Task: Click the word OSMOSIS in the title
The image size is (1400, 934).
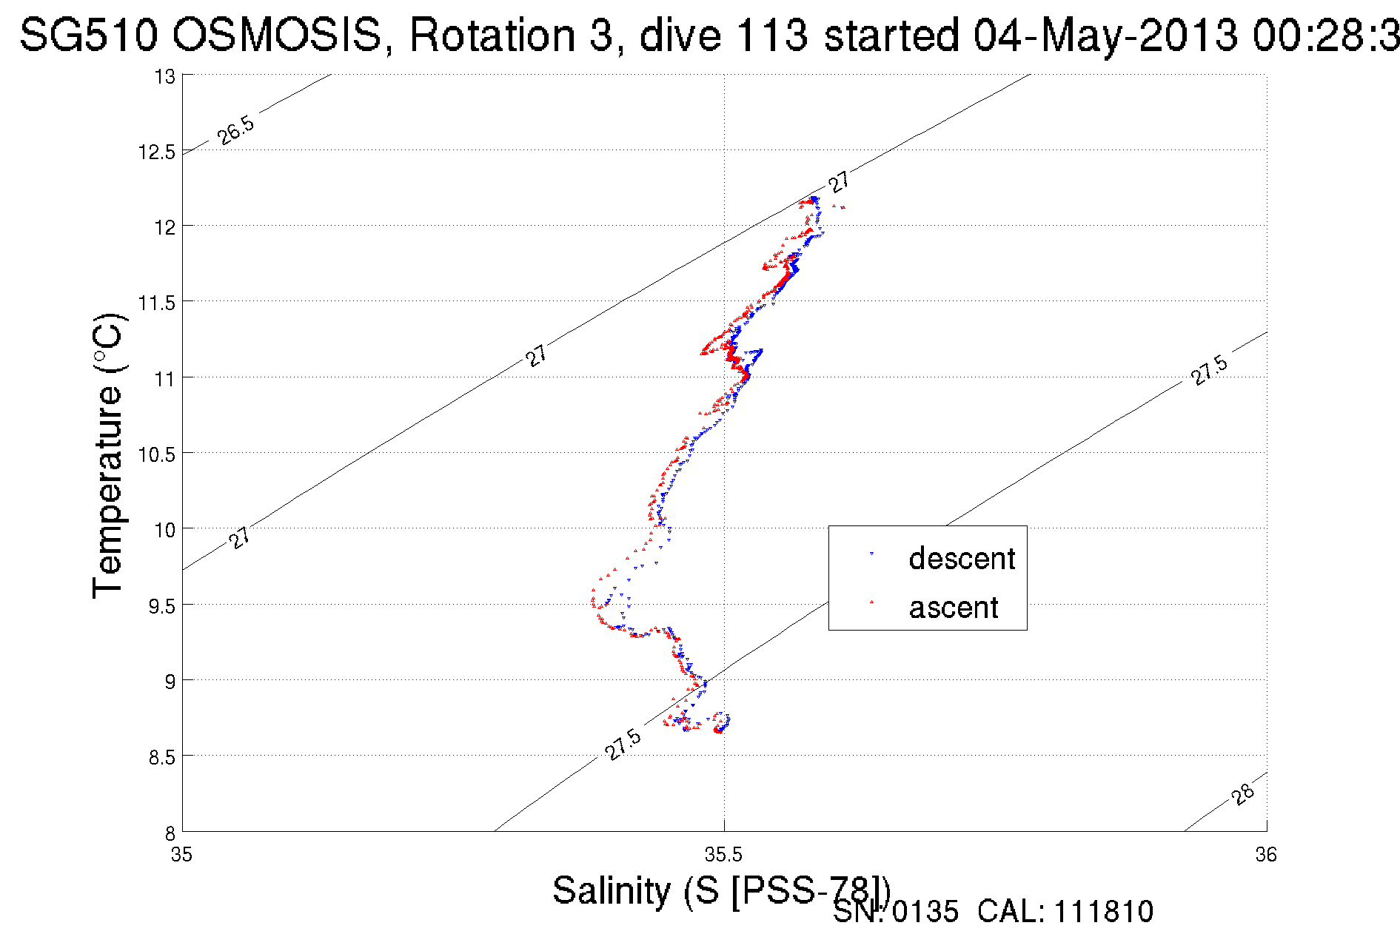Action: click(278, 35)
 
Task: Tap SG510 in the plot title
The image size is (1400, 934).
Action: click(88, 35)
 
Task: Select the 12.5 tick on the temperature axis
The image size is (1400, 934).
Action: click(157, 152)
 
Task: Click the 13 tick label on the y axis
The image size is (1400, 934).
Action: click(165, 77)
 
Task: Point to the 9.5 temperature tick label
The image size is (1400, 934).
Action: click(162, 606)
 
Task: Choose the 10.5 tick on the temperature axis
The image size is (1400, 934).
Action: click(157, 454)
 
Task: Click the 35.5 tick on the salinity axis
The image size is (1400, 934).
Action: click(723, 855)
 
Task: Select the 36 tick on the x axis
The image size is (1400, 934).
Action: click(1266, 855)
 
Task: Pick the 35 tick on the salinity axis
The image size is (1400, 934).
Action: click(182, 855)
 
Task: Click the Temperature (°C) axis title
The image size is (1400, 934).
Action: click(108, 456)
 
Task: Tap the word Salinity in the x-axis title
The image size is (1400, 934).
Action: click(612, 890)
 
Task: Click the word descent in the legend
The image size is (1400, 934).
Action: click(962, 559)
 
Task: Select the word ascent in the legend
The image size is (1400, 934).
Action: click(954, 608)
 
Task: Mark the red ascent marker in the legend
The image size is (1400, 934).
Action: click(871, 602)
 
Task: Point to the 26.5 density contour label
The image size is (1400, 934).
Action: click(236, 130)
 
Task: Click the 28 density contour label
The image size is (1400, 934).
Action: click(1244, 794)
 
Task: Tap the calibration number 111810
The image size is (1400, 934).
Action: click(1103, 912)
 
